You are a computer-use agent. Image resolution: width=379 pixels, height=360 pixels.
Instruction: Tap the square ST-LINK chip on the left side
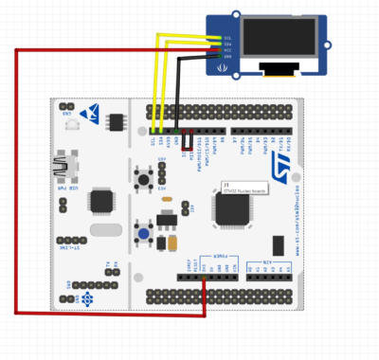click(99, 202)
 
